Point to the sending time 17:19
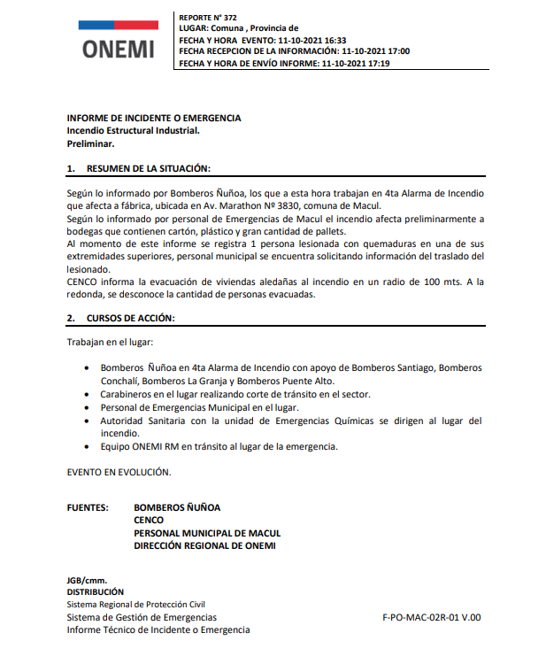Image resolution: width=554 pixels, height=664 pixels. (x=377, y=64)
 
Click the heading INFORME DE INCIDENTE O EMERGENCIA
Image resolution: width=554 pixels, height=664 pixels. (x=154, y=118)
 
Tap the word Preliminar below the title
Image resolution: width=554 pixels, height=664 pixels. (x=91, y=143)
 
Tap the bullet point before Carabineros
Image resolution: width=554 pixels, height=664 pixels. (x=86, y=394)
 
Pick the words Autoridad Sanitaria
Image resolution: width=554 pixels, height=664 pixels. (x=143, y=421)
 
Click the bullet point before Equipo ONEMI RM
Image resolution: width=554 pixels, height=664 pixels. (x=86, y=447)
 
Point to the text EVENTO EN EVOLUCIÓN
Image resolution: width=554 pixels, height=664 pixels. (x=119, y=472)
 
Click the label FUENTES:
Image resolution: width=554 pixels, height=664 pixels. (x=88, y=507)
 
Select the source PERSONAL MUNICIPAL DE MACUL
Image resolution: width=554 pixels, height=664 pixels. (x=207, y=533)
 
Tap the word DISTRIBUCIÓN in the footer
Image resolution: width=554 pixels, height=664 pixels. (x=96, y=591)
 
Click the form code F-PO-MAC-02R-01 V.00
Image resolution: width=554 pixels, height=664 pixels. (x=431, y=617)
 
